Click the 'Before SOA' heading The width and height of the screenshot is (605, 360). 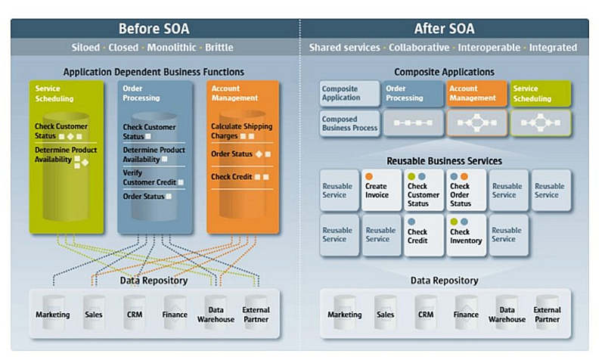pyautogui.click(x=154, y=29)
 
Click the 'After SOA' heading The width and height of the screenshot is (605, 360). pyautogui.click(x=444, y=29)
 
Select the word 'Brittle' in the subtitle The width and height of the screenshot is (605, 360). pyautogui.click(x=219, y=48)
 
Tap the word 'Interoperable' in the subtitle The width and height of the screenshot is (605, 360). pyautogui.click(x=489, y=48)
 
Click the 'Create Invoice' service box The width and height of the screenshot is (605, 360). pyautogui.click(x=381, y=191)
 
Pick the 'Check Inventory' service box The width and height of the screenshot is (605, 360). pyautogui.click(x=466, y=235)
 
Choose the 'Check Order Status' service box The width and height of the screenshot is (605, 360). pyautogui.click(x=466, y=191)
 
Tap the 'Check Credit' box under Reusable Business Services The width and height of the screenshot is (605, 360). pyautogui.click(x=423, y=235)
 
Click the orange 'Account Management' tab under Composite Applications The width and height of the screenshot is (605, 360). pyautogui.click(x=476, y=93)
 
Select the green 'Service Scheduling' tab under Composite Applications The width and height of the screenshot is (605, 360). pyautogui.click(x=541, y=93)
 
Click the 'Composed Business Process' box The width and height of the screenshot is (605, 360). pyautogui.click(x=349, y=123)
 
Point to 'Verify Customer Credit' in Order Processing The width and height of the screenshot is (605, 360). pyautogui.click(x=154, y=178)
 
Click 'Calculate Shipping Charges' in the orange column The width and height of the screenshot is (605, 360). pyautogui.click(x=241, y=131)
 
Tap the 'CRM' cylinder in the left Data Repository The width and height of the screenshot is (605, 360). pyautogui.click(x=135, y=312)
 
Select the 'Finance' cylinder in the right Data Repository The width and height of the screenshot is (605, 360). pyautogui.click(x=466, y=312)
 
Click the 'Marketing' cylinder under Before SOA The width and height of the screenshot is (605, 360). pyautogui.click(x=53, y=312)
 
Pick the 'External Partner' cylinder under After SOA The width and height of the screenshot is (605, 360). pyautogui.click(x=547, y=312)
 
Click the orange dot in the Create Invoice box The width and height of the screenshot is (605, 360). pyautogui.click(x=369, y=176)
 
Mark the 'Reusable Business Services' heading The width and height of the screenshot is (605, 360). pyautogui.click(x=444, y=161)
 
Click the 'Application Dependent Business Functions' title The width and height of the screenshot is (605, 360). pyautogui.click(x=154, y=72)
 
